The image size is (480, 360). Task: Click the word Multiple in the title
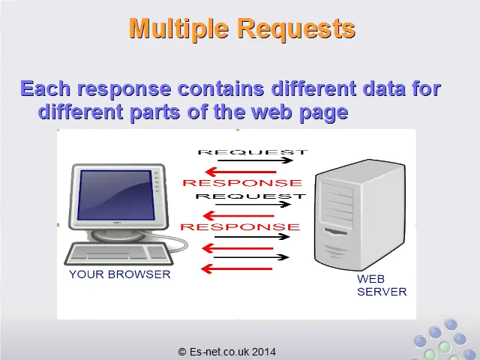178,28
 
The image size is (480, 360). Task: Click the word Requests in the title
297,28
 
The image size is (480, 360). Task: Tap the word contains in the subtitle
220,88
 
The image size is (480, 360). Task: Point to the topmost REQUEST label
253,152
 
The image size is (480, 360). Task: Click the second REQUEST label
250,196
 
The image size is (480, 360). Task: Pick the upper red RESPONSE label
242,183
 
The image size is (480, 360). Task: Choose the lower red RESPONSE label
240,226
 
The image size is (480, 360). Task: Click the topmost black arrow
255,160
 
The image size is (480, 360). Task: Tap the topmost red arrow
241,172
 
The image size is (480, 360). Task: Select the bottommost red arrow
236,269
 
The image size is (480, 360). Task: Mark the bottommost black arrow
251,257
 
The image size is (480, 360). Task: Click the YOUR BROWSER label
120,274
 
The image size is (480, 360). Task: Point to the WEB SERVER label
382,285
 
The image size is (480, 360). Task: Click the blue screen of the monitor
115,195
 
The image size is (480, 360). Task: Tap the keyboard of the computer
118,253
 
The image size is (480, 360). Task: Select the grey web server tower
360,215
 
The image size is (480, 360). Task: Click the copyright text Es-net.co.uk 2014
226,352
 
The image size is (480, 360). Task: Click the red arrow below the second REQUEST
238,216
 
